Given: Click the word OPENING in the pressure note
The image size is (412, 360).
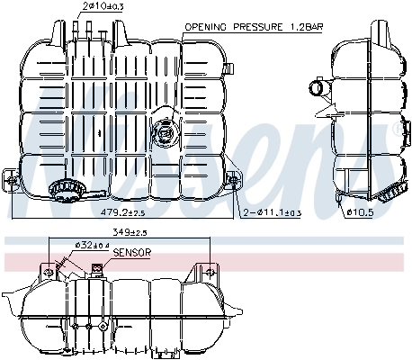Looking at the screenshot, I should (x=204, y=28).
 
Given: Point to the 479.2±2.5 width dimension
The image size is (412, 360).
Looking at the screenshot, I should (x=122, y=213).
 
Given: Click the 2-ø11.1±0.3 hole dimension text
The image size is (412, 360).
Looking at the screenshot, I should (x=273, y=212).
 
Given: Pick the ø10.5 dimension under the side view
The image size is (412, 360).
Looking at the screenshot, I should (x=360, y=213).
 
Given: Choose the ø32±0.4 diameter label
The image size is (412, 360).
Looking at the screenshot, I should (x=91, y=245).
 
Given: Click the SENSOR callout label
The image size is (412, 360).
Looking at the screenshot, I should (x=132, y=254).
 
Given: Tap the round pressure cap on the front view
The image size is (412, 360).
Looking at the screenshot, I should (x=165, y=131).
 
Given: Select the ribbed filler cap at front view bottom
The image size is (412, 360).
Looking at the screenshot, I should (x=65, y=190).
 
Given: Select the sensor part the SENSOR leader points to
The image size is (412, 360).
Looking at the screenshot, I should (x=98, y=268).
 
